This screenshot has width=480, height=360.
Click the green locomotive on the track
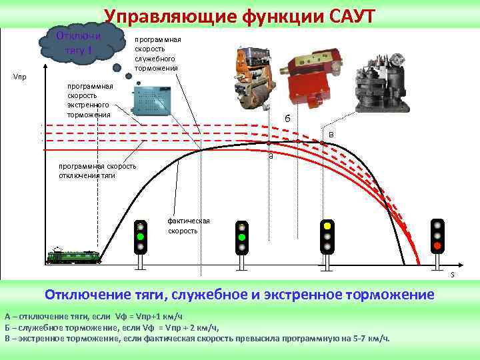75,256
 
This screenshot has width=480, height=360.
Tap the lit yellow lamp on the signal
327,226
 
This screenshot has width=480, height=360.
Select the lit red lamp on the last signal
437,246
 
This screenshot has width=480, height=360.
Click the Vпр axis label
20,77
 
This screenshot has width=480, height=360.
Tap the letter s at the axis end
452,275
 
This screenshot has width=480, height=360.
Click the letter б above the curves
287,119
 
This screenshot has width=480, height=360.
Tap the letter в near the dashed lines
331,135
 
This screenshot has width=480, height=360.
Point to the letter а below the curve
271,157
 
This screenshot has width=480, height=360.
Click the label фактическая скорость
189,225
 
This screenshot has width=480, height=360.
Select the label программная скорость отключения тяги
97,171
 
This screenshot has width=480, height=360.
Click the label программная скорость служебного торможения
157,54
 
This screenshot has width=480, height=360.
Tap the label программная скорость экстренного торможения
90,101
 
